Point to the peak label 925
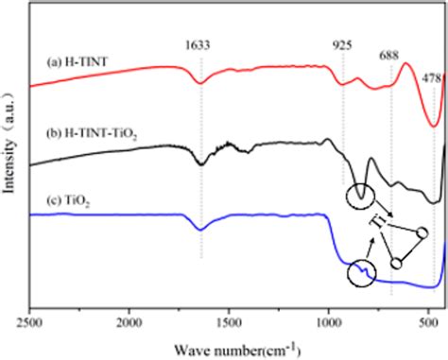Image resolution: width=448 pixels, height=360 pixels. pyautogui.click(x=342, y=43)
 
